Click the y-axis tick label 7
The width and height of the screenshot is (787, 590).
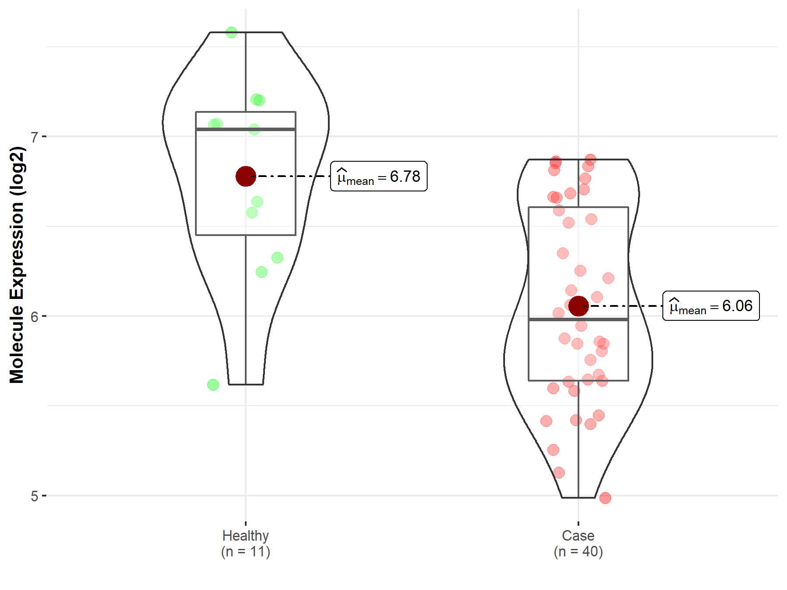[x=35, y=137]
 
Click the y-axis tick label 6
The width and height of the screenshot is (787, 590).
[x=35, y=316]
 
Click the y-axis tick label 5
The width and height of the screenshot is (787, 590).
[x=35, y=496]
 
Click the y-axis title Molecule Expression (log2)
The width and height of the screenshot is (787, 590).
[x=17, y=265]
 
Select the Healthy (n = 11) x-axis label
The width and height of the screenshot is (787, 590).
[x=246, y=544]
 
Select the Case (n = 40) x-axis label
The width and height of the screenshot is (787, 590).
[x=578, y=544]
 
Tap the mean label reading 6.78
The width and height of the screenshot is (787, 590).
[x=379, y=176]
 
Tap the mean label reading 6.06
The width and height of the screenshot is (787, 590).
[x=711, y=306]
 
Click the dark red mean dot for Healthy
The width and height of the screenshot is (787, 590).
[x=246, y=176]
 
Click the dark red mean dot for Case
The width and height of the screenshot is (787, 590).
[x=578, y=306]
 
